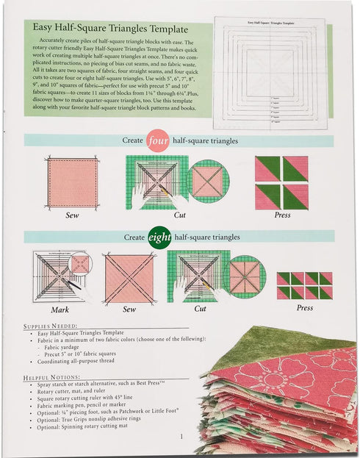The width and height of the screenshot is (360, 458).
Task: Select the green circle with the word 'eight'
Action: pos(159,237)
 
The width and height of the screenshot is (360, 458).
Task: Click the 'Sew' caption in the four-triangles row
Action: pos(72,215)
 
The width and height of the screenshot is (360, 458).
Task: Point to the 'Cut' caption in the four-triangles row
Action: pos(179,215)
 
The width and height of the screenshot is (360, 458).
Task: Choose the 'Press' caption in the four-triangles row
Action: pos(282,215)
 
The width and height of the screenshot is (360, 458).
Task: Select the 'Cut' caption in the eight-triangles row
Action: pos(200,309)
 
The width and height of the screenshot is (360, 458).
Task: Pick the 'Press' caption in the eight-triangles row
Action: pos(304,308)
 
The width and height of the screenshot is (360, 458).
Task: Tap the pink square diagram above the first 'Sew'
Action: pos(72,182)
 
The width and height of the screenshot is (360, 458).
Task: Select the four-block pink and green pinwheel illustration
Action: pos(281,182)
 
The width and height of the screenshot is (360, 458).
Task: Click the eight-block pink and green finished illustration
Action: pos(304,285)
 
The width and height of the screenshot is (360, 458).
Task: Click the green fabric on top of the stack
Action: pos(294,346)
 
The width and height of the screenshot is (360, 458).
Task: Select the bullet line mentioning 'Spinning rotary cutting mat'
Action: pos(96,427)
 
